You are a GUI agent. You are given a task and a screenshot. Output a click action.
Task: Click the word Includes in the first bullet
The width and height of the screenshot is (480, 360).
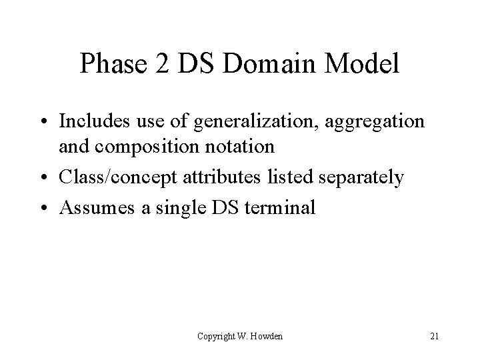pyautogui.click(x=91, y=121)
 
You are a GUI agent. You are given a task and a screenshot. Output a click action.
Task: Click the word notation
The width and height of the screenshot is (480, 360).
pyautogui.click(x=241, y=147)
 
